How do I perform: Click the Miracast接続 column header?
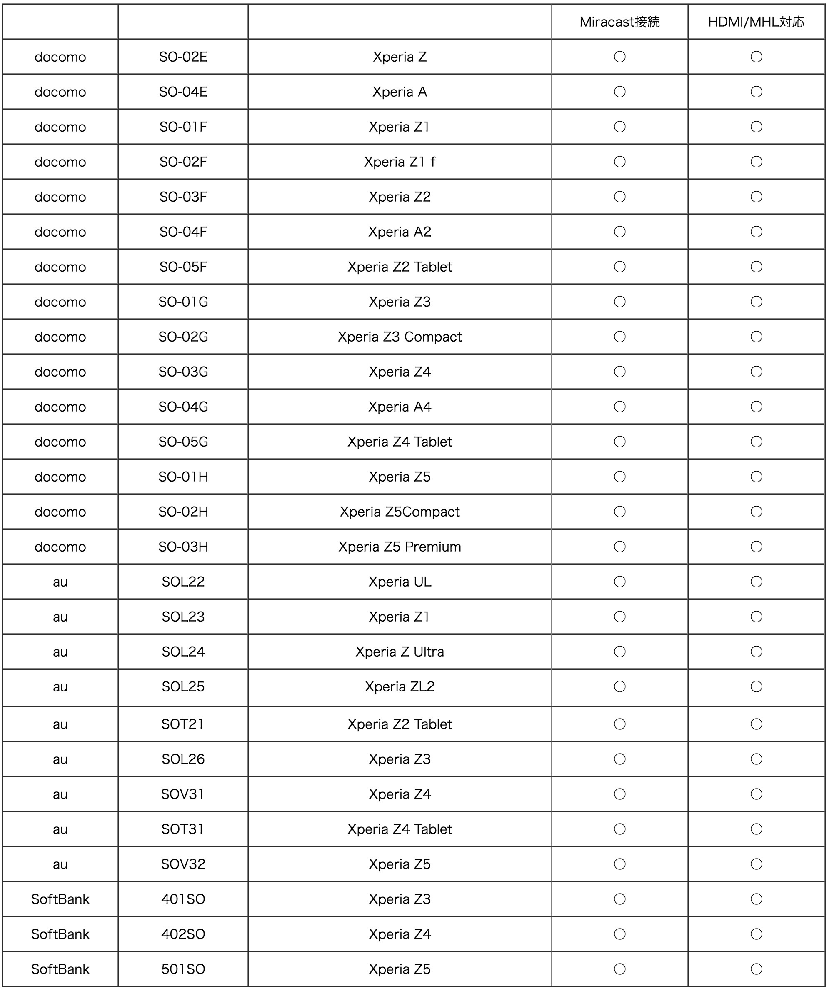click(x=619, y=22)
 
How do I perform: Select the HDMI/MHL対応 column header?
click(x=756, y=22)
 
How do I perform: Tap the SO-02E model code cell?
click(x=183, y=57)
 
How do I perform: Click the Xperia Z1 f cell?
click(x=400, y=162)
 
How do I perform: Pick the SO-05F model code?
click(x=183, y=267)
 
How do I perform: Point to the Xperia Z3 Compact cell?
click(x=400, y=337)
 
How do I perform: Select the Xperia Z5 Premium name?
click(x=400, y=547)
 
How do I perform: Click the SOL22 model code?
click(x=183, y=582)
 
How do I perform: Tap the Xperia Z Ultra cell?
click(x=400, y=652)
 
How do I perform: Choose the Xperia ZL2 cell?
click(x=400, y=686)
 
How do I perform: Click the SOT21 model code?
click(x=183, y=724)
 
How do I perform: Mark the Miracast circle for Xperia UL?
click(x=619, y=582)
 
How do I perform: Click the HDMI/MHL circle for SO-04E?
click(x=756, y=92)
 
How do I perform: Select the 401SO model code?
click(x=183, y=899)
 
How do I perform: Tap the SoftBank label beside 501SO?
click(x=60, y=969)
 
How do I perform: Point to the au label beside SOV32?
click(x=60, y=864)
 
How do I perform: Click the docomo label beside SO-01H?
click(x=60, y=477)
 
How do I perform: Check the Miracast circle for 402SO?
click(x=619, y=934)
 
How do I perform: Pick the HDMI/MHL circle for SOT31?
click(x=756, y=829)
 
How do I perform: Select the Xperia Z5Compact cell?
click(x=400, y=512)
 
